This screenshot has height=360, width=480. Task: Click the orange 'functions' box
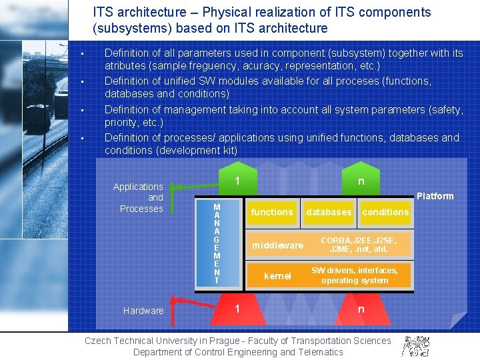pos(271,213)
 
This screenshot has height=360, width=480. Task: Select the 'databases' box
pos(328,213)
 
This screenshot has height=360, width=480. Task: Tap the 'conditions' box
pos(385,213)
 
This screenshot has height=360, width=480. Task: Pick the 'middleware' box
pos(277,245)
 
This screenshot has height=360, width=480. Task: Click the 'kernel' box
pos(277,276)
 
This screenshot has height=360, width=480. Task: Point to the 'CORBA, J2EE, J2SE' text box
pos(359,245)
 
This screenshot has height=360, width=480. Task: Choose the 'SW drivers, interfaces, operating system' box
pos(359,275)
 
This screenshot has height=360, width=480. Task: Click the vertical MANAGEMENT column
pos(217,244)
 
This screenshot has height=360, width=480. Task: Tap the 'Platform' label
pos(435,196)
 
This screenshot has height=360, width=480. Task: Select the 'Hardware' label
pos(143,311)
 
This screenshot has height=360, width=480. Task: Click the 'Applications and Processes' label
pos(138,197)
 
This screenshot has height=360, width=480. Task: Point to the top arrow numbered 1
pos(237,181)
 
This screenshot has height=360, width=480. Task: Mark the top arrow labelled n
pos(361,181)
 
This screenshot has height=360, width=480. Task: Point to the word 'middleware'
pos(277,245)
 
